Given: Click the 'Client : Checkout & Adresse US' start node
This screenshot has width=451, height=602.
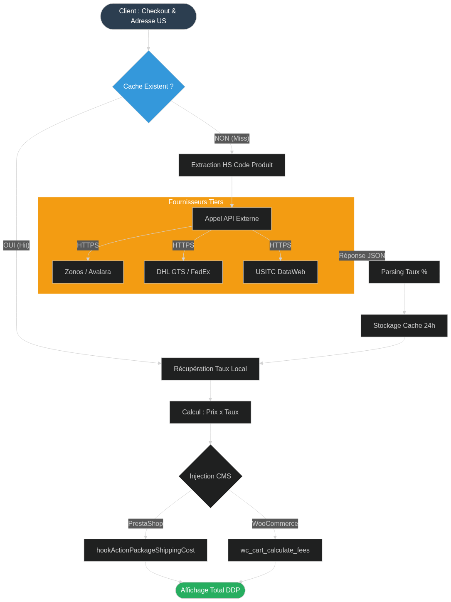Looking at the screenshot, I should pos(148,16).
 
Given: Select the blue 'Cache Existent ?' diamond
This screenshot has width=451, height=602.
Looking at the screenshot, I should pos(148,87).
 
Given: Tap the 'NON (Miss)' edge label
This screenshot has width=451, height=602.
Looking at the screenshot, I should pos(232,138).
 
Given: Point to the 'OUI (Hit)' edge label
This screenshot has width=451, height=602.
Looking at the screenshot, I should pos(16,245).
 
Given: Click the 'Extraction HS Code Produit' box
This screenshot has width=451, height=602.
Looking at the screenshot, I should pos(232,165).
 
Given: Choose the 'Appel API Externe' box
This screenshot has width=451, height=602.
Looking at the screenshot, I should pos(232,219).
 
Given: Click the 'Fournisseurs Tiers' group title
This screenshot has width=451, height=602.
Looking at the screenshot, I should pos(196,202).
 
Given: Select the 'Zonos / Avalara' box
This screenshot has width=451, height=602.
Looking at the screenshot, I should pos(88,272).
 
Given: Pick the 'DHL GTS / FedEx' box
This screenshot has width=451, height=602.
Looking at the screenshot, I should pos(183,272).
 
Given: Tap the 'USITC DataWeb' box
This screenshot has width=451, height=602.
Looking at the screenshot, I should pos(281,272).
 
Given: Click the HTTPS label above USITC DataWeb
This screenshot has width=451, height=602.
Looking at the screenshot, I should pos(281,245).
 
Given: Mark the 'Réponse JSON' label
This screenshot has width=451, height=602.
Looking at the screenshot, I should pos(362,255).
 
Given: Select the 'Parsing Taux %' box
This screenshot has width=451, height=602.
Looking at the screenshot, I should pos(404,272).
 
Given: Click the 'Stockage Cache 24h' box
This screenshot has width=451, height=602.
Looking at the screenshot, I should pos(404,326).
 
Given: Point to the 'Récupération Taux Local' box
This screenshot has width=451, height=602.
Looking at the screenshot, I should pos(210,369).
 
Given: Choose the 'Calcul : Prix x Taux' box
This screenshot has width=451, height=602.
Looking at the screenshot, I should pos(210,412).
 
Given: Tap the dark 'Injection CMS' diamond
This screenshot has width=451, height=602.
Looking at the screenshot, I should pos(210,476).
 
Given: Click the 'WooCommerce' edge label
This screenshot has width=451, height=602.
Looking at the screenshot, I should pos(275,523).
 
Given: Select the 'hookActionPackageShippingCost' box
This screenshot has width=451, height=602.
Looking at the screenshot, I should pos(145,550).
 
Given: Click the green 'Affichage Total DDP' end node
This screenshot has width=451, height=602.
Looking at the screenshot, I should pos(210,590).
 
